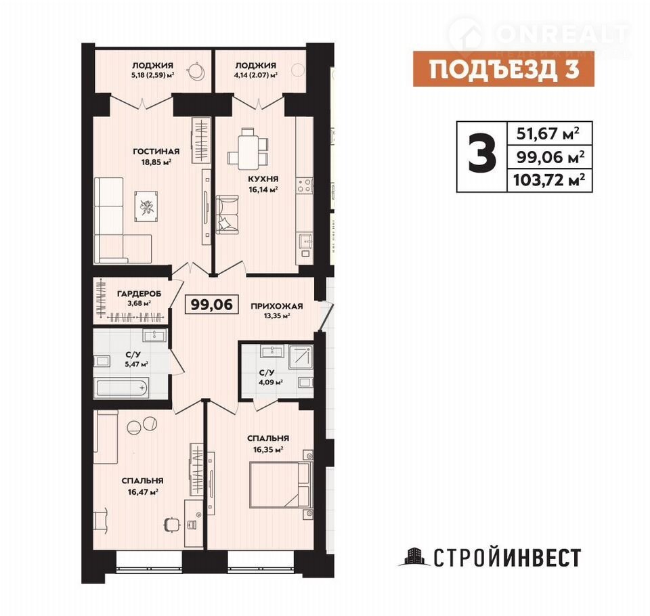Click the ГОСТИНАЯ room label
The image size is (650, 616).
[x=156, y=152]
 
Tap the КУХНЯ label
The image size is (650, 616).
[x=263, y=179]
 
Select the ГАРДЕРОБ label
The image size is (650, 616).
[x=139, y=294]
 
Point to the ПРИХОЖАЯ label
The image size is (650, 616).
[x=276, y=307]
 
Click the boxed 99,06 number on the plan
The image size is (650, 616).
[x=211, y=304]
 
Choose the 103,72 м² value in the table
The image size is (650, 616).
[x=549, y=180]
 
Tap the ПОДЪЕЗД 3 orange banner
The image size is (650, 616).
[x=504, y=69]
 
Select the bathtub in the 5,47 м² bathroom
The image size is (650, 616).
[x=121, y=389]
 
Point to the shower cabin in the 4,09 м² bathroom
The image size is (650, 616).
[x=301, y=356]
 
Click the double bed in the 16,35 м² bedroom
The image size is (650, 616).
[x=280, y=485]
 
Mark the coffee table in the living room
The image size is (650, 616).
[x=146, y=206]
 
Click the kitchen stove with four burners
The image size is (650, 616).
[x=304, y=185]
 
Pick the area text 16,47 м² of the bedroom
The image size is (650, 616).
[x=143, y=492]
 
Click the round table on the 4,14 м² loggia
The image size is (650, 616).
[x=298, y=70]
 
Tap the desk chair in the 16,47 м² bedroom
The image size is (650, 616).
[x=172, y=523]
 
